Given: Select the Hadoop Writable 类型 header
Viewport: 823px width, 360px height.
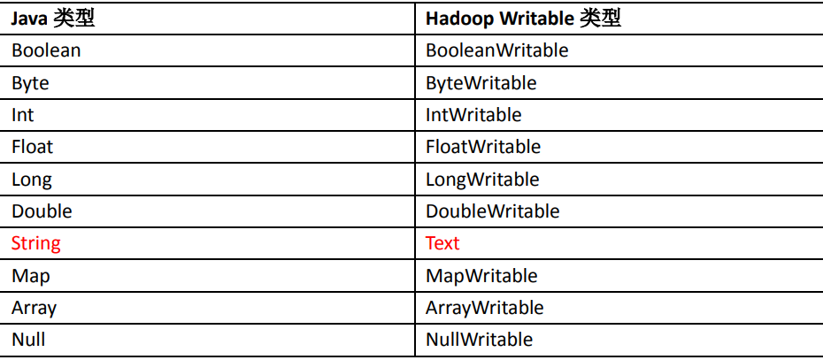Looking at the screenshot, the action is (523, 19).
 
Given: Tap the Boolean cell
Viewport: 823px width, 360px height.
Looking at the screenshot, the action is (46, 50).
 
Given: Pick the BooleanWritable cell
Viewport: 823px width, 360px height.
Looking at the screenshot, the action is (496, 50).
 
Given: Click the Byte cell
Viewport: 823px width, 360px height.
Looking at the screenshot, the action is (30, 83).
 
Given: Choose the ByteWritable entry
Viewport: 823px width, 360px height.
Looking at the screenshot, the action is (481, 83).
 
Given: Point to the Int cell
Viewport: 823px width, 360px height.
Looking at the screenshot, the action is (23, 115).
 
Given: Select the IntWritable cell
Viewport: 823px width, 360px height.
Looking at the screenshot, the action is (473, 115).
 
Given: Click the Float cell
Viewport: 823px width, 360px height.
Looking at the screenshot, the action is (33, 147).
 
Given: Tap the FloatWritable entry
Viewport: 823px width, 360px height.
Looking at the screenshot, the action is (483, 147).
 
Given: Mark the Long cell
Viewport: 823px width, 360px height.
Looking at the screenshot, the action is (32, 180).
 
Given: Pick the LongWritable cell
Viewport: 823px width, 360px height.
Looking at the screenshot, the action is (482, 180).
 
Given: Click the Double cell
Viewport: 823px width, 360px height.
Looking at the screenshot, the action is (42, 211).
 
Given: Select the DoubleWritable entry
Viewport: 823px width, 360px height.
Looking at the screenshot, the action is (492, 211).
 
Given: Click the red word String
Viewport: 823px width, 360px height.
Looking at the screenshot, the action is (36, 243).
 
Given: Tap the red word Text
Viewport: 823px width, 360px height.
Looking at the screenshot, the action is (442, 243).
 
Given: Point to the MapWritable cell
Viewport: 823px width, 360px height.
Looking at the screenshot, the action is (481, 276).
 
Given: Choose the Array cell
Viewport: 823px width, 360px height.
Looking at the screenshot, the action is (34, 308).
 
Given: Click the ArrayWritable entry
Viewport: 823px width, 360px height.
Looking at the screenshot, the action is (484, 308).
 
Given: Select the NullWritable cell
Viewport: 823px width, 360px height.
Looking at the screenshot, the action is (479, 340).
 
